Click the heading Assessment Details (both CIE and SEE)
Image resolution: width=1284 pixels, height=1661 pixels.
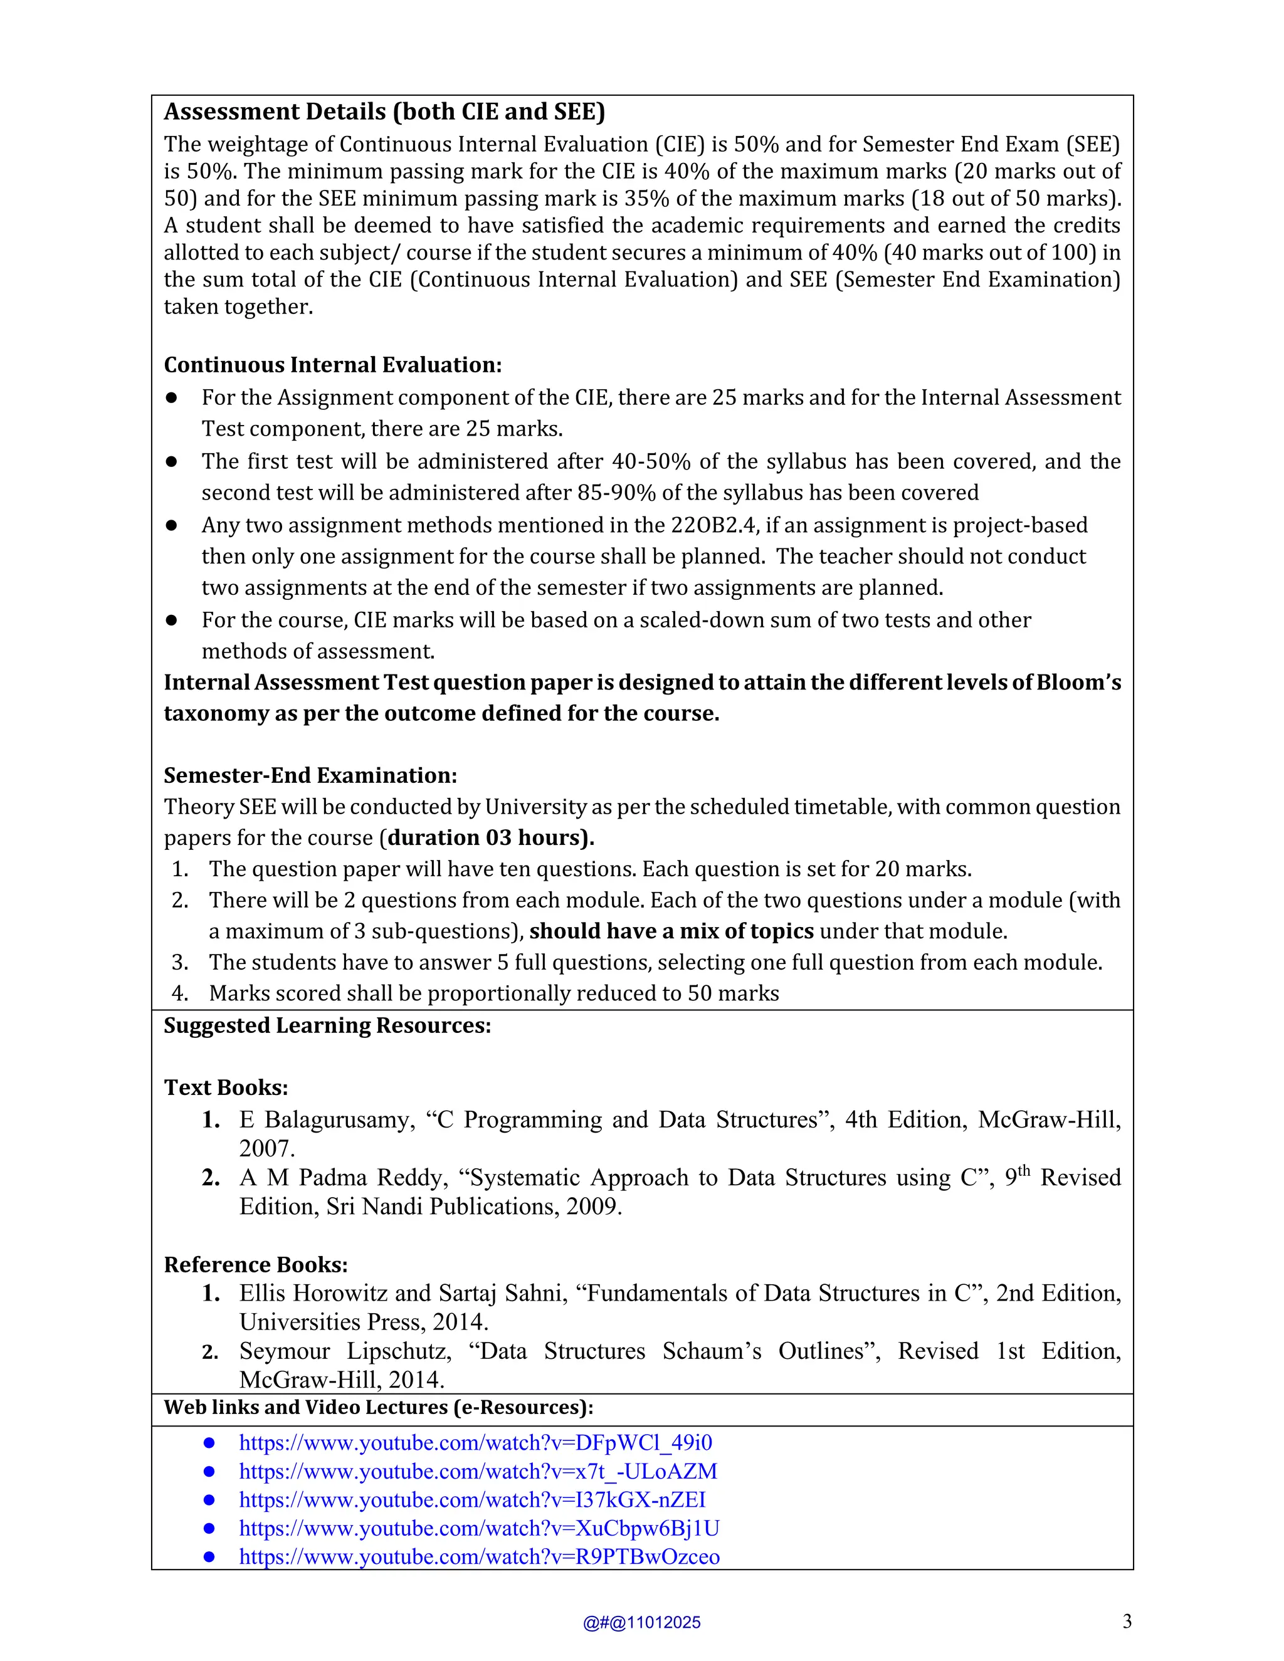tap(384, 112)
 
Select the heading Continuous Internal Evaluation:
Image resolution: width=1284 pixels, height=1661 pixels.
tap(332, 365)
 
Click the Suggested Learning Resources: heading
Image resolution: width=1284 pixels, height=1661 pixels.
tap(327, 1025)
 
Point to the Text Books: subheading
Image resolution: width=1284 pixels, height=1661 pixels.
tap(226, 1087)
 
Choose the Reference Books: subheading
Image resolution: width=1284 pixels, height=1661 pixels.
tap(256, 1264)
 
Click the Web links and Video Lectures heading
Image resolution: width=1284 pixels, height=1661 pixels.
tap(378, 1407)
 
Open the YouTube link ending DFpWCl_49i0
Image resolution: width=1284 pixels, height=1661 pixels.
tap(475, 1443)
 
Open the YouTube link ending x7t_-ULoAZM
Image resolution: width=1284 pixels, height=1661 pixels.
tap(478, 1471)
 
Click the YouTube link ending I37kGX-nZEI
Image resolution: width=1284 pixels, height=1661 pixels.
tap(472, 1500)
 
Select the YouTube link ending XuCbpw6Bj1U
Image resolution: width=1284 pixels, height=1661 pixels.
tap(479, 1528)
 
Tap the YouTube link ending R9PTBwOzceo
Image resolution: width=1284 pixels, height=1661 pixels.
tap(479, 1557)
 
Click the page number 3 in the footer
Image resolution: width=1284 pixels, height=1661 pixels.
tap(1127, 1622)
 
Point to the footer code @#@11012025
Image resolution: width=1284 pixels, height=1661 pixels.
tap(641, 1623)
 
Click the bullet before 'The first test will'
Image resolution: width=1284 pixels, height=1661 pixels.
tap(172, 462)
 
